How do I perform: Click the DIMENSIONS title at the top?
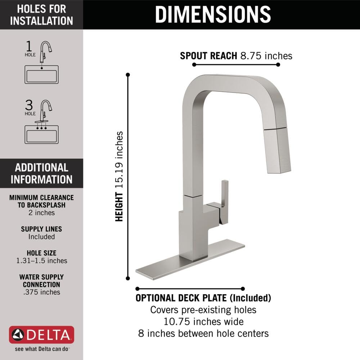pos(212,14)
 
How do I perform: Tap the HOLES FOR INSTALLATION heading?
pos(41,14)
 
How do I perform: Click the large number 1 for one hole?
pos(29,46)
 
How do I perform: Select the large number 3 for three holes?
pos(29,105)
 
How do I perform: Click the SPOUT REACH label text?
pos(208,56)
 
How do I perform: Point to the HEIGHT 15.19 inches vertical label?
pos(119,176)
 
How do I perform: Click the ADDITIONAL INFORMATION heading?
pos(41,173)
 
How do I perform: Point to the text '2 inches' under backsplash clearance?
pos(41,213)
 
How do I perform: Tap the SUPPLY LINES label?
pos(41,229)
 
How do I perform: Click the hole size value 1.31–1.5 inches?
pos(41,261)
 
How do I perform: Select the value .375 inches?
pos(41,292)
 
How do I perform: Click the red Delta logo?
pos(41,335)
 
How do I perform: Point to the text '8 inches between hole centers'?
pos(203,333)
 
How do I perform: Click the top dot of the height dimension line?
pos(128,75)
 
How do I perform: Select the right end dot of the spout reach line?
pos(278,65)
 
